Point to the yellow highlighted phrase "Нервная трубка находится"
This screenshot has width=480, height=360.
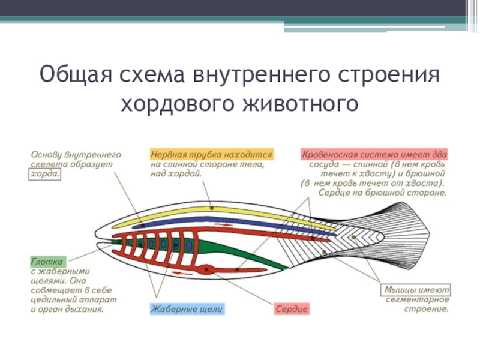211,154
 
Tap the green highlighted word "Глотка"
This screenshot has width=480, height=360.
47,262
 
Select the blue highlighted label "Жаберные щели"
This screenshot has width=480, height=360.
187,310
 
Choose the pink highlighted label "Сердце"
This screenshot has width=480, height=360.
292,310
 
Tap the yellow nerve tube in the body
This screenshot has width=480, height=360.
210,211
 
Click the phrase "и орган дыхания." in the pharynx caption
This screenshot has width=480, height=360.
67,310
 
